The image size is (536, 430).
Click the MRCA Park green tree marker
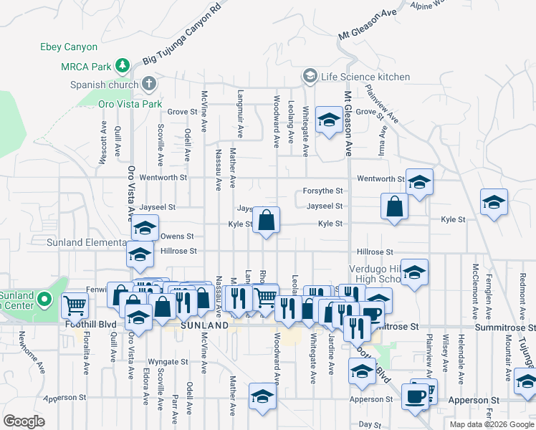click(x=123, y=67)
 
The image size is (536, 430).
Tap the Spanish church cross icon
click(x=149, y=84)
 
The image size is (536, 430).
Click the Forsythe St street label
click(x=323, y=191)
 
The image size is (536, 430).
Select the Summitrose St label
click(x=393, y=326)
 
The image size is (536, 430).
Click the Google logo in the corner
click(x=24, y=421)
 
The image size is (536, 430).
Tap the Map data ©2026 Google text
click(x=491, y=424)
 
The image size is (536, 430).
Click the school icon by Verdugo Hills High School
click(x=414, y=273)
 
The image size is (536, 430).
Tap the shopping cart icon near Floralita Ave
click(x=75, y=306)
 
